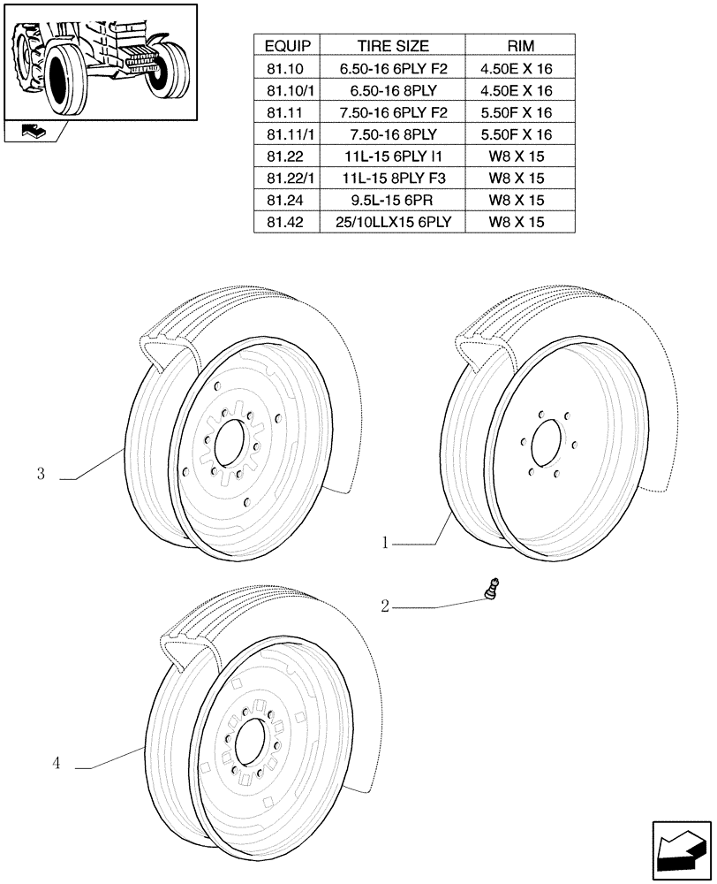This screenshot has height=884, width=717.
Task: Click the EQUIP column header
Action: pyautogui.click(x=286, y=45)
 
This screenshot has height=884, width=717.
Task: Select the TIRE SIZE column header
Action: pyautogui.click(x=393, y=45)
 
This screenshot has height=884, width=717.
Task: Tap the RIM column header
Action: pyautogui.click(x=520, y=45)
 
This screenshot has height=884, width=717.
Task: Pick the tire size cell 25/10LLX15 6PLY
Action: pyautogui.click(x=393, y=222)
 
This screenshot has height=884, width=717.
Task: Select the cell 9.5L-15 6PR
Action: pyautogui.click(x=393, y=200)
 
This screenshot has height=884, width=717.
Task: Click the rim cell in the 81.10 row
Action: pyautogui.click(x=520, y=68)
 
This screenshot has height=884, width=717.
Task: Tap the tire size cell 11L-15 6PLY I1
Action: pyautogui.click(x=393, y=156)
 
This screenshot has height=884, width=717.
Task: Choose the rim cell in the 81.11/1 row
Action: pyautogui.click(x=520, y=134)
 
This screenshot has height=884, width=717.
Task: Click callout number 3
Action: pyautogui.click(x=41, y=475)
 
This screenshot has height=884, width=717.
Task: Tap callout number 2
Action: pyautogui.click(x=385, y=606)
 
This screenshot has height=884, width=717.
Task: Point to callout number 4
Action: pyautogui.click(x=57, y=764)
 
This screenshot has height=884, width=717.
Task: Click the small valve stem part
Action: pyautogui.click(x=494, y=591)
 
